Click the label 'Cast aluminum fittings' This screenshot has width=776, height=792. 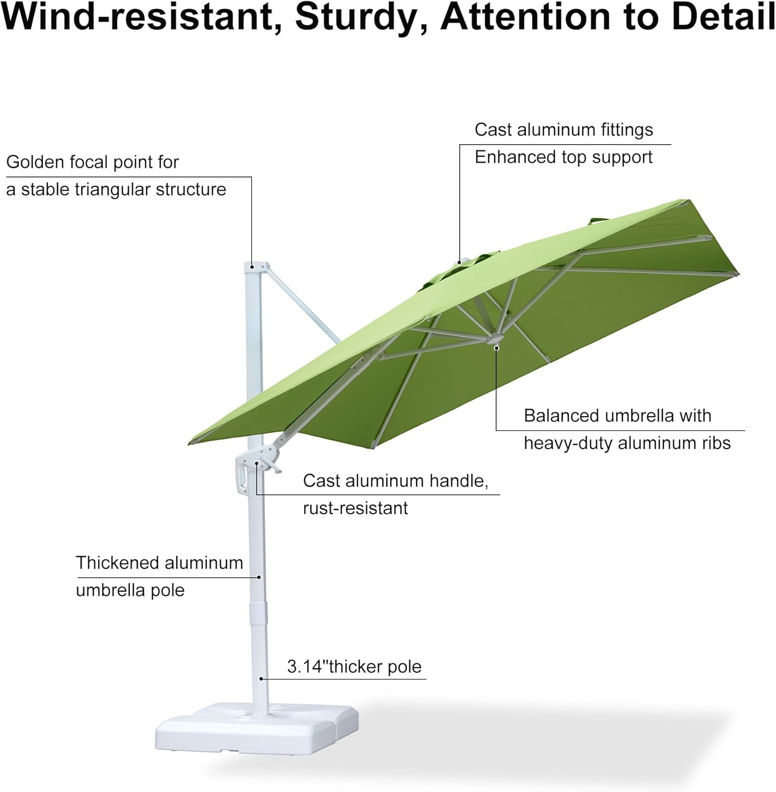coord(563,130)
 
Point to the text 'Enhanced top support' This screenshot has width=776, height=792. coord(563,157)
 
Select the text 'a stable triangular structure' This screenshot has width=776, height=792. coord(116,190)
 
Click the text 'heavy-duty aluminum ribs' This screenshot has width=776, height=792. coord(627,444)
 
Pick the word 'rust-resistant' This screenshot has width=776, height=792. coord(355,508)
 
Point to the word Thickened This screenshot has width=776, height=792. coord(113,563)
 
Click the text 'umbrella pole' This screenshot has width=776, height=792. coord(130,590)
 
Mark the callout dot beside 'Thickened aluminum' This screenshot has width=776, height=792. coord(259,577)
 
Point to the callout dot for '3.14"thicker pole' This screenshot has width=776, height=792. coord(261,678)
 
